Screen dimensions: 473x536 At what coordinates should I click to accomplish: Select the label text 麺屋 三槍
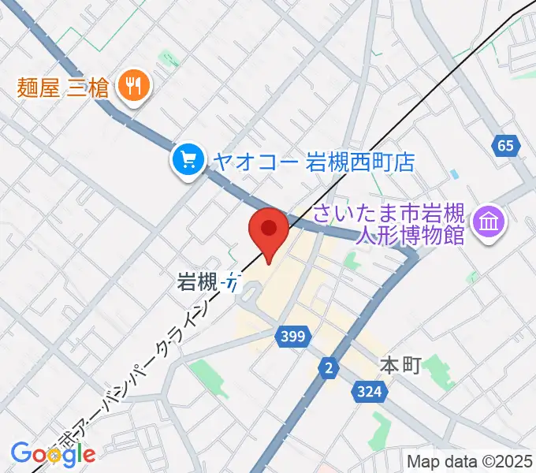[63, 85]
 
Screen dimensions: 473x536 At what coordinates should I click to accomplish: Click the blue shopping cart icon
[188, 161]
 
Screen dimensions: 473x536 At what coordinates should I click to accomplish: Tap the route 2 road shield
[328, 367]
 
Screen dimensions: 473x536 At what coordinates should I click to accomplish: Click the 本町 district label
[401, 366]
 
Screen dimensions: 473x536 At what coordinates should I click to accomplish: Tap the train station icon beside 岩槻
[230, 282]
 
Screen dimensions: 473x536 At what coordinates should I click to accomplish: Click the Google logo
[52, 453]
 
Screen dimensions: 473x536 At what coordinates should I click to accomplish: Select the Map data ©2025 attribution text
[469, 461]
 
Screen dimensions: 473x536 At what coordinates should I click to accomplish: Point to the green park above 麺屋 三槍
[168, 58]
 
